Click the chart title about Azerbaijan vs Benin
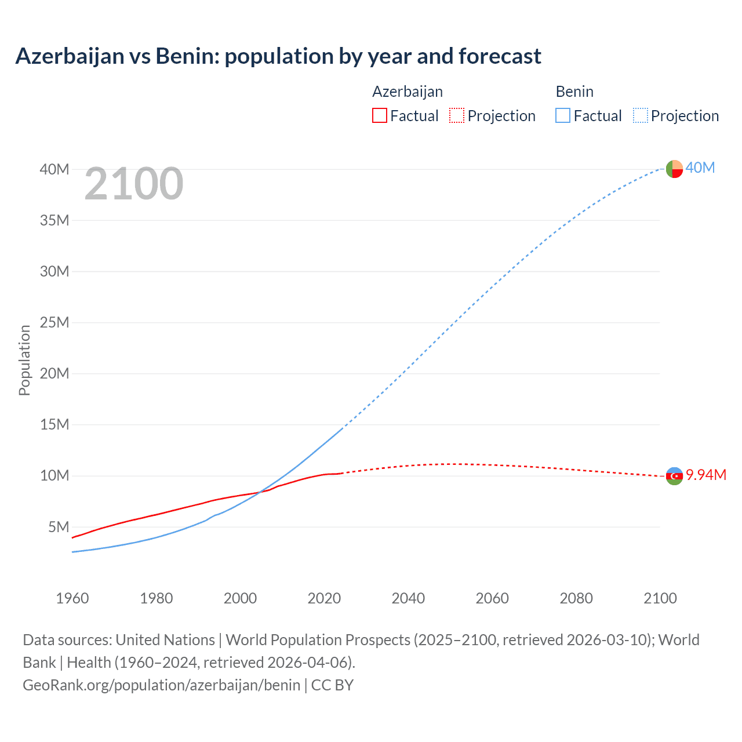[x=278, y=56]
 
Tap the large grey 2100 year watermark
[x=134, y=184]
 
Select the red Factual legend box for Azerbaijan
[x=379, y=115]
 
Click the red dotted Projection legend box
[x=457, y=115]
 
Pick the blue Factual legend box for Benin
[x=562, y=115]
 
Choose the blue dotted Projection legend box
[x=641, y=115]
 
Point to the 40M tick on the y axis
[x=54, y=169]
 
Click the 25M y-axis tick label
[x=54, y=322]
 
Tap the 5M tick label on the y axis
[x=59, y=527]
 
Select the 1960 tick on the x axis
[x=72, y=598]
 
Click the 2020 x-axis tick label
[x=324, y=598]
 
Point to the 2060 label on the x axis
[x=492, y=598]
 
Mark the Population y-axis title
[x=24, y=360]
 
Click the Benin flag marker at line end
[x=674, y=169]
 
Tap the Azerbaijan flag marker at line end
[x=674, y=476]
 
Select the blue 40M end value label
[x=700, y=168]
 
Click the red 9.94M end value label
[x=706, y=475]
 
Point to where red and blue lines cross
[x=260, y=492]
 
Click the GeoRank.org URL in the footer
[x=162, y=685]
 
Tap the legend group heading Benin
[x=574, y=92]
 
